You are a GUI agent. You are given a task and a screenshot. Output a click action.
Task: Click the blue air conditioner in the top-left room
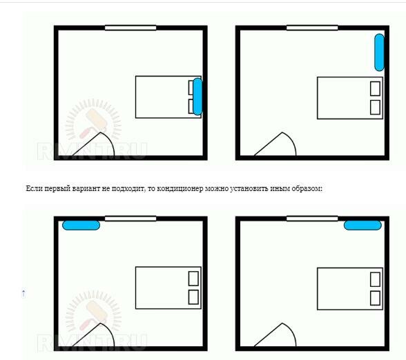click(x=197, y=97)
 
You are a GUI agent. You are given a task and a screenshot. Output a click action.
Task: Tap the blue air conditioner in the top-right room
click(x=379, y=52)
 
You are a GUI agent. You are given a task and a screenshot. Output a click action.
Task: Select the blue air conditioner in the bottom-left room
click(x=81, y=226)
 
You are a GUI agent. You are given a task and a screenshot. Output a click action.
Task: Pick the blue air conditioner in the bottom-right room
click(x=362, y=226)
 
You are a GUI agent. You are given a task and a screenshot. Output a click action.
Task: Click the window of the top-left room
click(x=130, y=28)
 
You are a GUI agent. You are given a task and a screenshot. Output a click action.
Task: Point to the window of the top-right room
click(x=312, y=28)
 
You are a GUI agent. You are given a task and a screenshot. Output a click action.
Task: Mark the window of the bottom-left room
click(x=130, y=219)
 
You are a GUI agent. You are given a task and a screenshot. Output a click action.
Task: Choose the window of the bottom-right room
click(x=312, y=219)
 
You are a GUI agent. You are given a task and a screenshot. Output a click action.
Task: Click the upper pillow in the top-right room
click(x=375, y=89)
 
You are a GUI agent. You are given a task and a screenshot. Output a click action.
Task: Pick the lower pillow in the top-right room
click(x=375, y=107)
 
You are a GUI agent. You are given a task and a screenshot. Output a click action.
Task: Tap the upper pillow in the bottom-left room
click(x=193, y=279)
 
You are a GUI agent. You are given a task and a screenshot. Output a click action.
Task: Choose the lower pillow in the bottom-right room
click(x=375, y=298)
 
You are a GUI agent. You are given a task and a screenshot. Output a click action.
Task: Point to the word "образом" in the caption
click(x=307, y=189)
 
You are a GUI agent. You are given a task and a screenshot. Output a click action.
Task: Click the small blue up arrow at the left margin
click(x=23, y=294)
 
